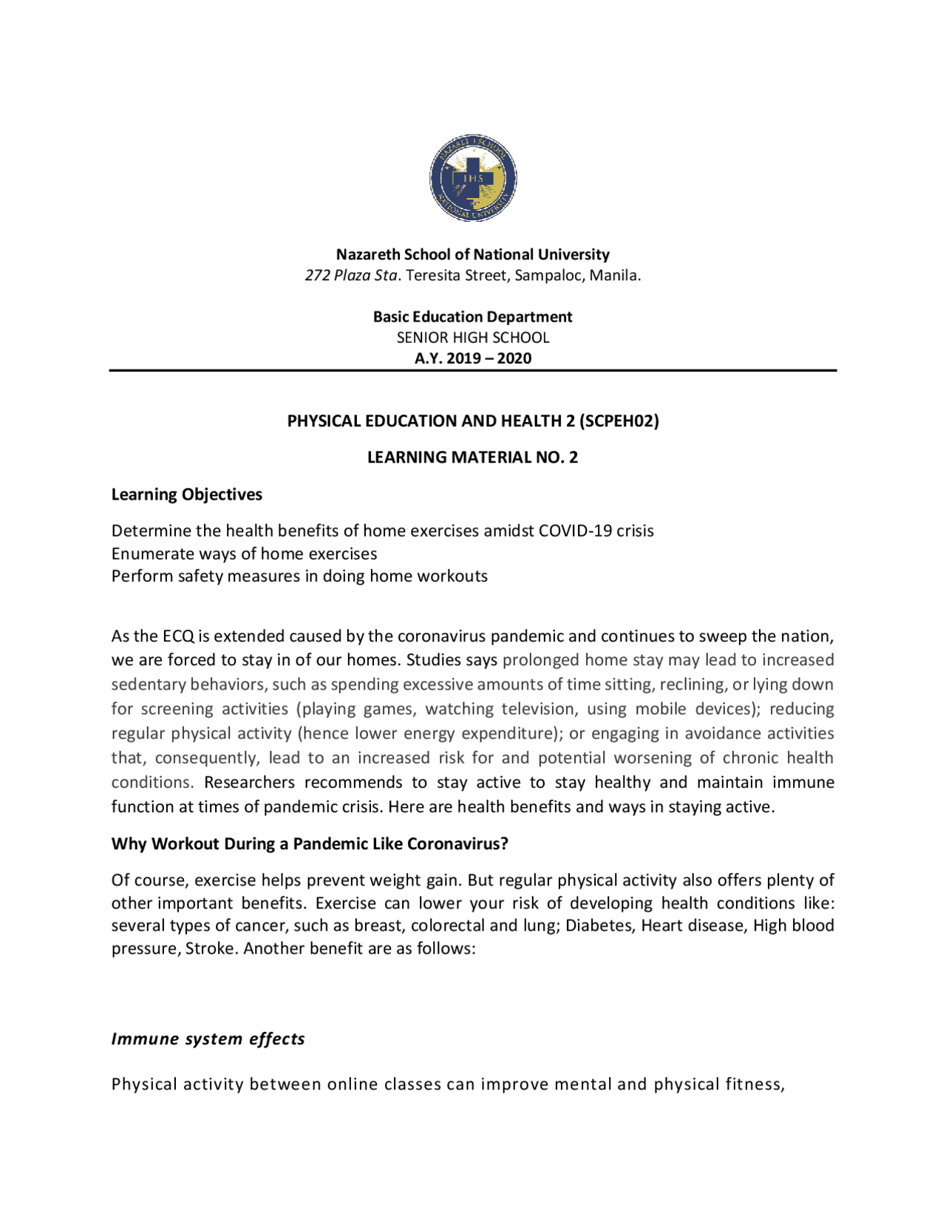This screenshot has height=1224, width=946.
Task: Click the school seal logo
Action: pyautogui.click(x=473, y=177)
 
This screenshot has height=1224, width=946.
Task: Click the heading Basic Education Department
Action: pyautogui.click(x=472, y=317)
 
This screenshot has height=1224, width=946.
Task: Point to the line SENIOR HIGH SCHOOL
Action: pyautogui.click(x=473, y=338)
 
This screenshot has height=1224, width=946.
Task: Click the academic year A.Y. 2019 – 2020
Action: pyautogui.click(x=473, y=358)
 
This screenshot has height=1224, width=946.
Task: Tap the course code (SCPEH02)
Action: pyautogui.click(x=619, y=421)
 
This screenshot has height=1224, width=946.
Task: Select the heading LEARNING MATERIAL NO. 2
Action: pyautogui.click(x=472, y=458)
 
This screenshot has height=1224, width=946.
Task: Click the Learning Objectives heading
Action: pyautogui.click(x=187, y=494)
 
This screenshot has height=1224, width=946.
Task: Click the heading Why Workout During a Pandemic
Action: pyautogui.click(x=310, y=844)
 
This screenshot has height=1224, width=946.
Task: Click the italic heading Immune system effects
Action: pyautogui.click(x=208, y=1038)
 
